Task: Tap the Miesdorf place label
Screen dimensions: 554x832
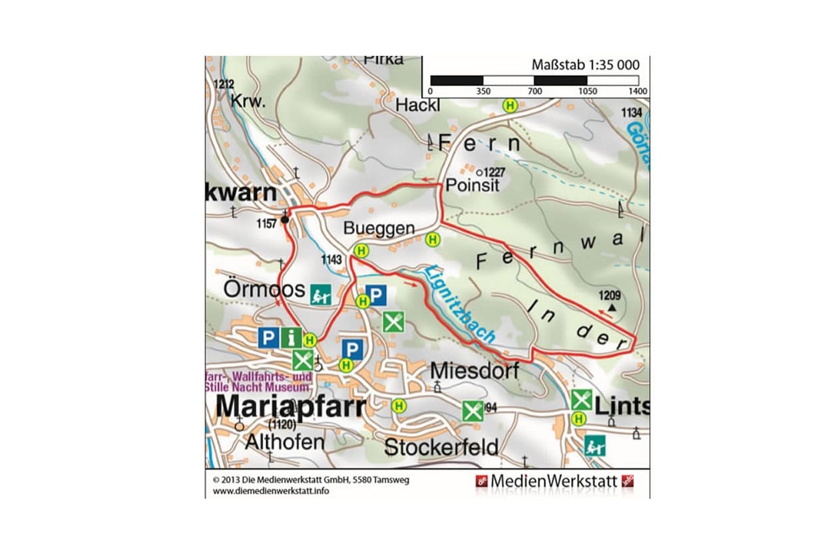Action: (x=475, y=370)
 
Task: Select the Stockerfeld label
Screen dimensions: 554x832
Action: (x=442, y=447)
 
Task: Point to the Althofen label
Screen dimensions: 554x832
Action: (x=284, y=442)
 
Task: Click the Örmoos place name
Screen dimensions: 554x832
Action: (x=264, y=290)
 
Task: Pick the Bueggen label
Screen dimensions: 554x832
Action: (x=379, y=228)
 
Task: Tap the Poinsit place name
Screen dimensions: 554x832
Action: (x=473, y=186)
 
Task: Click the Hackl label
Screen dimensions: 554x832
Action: (x=418, y=105)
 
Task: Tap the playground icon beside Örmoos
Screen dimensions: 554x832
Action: (x=321, y=295)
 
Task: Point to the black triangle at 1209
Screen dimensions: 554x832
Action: (x=612, y=308)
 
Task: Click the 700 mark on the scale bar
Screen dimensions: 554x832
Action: (x=534, y=91)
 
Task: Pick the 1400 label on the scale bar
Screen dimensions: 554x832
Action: (x=637, y=91)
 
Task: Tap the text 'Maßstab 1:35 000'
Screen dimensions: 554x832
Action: (x=585, y=65)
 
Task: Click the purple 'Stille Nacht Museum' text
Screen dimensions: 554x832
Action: (x=257, y=386)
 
